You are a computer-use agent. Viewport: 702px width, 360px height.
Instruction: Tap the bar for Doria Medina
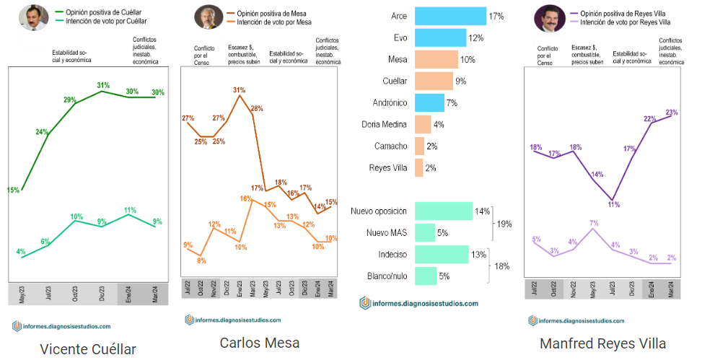coord(422,124)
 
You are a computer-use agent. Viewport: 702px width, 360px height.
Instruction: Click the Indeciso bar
coord(441,254)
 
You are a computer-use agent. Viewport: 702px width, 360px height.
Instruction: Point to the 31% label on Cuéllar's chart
coord(103,85)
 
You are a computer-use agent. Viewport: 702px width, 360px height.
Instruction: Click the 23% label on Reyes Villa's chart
coord(672,112)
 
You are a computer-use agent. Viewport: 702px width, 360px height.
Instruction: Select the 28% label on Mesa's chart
coord(256,108)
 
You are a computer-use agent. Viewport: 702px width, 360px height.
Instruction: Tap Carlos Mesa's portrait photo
coord(208,17)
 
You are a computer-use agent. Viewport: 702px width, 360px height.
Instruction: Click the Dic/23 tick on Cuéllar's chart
coord(103,295)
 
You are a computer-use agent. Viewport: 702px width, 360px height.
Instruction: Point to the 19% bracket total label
coord(504,224)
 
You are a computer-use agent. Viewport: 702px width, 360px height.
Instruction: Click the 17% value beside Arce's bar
coord(496,16)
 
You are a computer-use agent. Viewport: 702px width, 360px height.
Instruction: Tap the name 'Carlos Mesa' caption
coord(259,342)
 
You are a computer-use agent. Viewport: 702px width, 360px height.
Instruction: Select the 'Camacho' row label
coord(390,146)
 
